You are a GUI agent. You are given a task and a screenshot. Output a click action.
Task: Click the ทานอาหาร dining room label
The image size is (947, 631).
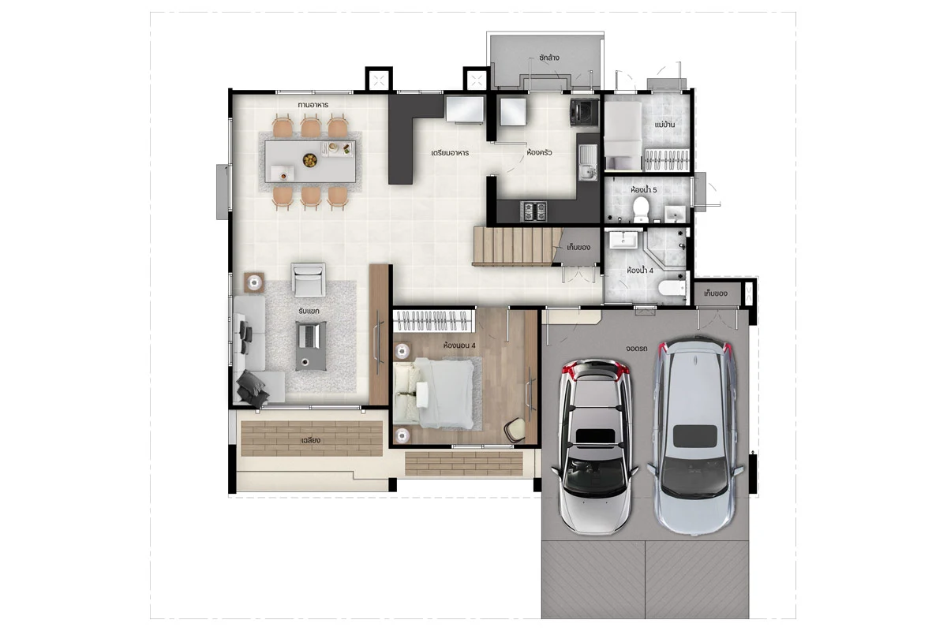tap(313, 105)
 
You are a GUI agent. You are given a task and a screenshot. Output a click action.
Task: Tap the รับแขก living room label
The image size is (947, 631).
tap(309, 311)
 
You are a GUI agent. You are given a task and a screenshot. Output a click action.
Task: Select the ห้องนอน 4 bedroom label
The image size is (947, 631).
tap(459, 345)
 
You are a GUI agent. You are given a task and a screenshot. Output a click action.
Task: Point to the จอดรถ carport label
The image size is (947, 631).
tap(636, 349)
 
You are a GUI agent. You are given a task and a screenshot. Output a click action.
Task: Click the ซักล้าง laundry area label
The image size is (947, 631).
tap(549, 58)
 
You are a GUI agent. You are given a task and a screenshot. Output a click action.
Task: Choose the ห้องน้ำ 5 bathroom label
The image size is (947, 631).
tap(643, 190)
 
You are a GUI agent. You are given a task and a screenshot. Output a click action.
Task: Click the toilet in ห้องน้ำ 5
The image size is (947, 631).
tap(641, 209)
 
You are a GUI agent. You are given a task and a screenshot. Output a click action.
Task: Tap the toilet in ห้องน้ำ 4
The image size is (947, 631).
tap(672, 288)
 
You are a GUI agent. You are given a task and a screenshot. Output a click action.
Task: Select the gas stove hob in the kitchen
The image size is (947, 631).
tap(535, 211)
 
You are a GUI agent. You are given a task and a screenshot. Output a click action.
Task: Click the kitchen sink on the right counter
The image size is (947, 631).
tap(587, 162)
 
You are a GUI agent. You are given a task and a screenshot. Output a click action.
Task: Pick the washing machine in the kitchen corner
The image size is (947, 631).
tap(584, 113)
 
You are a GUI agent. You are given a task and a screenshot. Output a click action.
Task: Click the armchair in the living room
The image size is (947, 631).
tap(309, 279)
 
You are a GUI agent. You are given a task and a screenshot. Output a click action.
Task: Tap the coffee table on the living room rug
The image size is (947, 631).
tap(311, 345)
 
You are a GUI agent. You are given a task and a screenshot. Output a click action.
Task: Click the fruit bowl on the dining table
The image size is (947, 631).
tap(310, 160)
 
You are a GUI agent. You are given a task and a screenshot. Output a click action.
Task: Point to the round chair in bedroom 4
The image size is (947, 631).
tap(515, 430)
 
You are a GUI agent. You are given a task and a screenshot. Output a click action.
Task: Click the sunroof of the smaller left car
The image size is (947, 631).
tap(595, 435)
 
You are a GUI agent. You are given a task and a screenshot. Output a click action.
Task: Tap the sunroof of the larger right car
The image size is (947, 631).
tap(695, 436)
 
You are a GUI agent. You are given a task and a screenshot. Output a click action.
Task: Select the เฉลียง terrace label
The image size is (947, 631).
tap(311, 440)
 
